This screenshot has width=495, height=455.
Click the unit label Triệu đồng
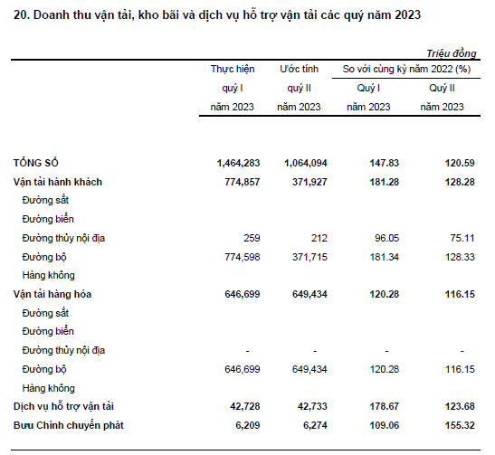(452, 53)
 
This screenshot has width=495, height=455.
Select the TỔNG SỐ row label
(35, 163)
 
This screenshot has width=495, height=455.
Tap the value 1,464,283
(238, 163)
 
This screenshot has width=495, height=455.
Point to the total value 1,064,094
(306, 163)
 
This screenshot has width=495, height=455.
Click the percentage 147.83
(385, 163)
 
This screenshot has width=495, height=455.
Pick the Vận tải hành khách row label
(58, 182)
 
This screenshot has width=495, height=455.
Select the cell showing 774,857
(243, 182)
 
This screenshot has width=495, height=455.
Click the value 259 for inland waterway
(252, 238)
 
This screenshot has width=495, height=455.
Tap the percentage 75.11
(462, 238)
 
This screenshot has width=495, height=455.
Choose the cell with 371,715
(309, 257)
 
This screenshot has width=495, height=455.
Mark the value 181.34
(385, 257)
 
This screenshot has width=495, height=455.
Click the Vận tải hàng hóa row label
(52, 294)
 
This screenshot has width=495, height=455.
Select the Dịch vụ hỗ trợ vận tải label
(63, 406)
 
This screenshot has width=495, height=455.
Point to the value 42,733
(312, 406)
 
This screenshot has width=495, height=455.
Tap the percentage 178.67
(385, 406)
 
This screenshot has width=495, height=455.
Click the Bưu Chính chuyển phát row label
(69, 425)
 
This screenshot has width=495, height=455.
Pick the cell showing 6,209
(248, 425)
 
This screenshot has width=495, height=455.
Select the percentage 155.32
(460, 425)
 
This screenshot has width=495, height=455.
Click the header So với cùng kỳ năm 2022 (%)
(406, 69)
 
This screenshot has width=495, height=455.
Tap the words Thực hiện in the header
(233, 69)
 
